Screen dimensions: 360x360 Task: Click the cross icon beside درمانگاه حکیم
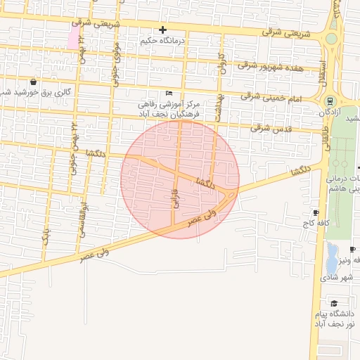(x=162, y=30)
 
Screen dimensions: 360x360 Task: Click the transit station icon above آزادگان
(x=330, y=100)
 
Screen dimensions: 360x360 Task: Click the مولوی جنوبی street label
(x=115, y=67)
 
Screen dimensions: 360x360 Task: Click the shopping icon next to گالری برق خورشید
(x=33, y=81)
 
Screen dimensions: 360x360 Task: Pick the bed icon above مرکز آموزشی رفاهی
(x=168, y=94)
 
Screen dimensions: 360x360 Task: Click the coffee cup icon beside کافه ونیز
(x=352, y=250)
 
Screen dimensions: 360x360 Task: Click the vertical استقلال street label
(x=322, y=68)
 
